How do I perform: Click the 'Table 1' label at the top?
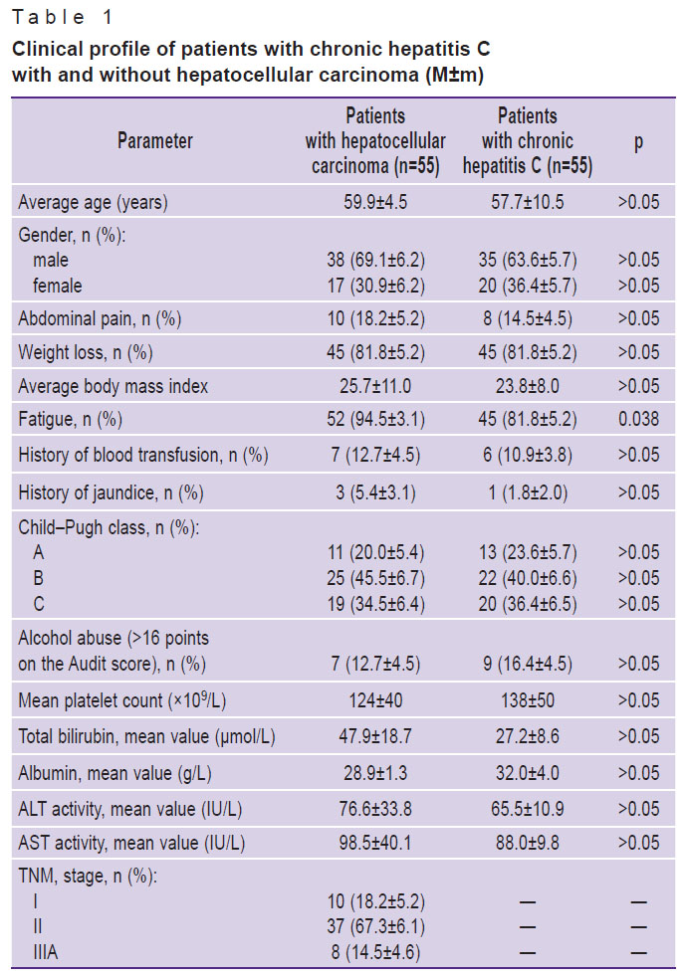coord(62,17)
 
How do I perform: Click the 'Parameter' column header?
coord(155,140)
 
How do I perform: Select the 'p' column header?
coord(638,142)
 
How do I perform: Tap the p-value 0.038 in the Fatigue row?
coord(638,419)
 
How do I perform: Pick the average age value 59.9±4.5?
coord(375,203)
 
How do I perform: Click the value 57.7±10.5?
coord(527,203)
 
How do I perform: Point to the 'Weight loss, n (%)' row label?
coord(86,353)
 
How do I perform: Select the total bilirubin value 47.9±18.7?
coord(375,736)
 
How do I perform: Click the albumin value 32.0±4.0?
coord(527,773)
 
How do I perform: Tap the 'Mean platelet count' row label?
coord(121,700)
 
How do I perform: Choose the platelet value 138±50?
coord(527,700)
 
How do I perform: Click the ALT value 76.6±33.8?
coord(375,810)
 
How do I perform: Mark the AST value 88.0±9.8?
coord(527,843)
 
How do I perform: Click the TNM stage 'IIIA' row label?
coord(45,952)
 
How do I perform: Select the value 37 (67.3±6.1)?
coord(375,927)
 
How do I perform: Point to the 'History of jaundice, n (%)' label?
coord(111,493)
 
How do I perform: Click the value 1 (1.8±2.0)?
coord(527,493)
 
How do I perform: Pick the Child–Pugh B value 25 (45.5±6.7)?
coord(375,579)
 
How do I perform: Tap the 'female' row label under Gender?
coord(58,287)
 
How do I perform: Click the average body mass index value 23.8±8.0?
coord(527,386)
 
